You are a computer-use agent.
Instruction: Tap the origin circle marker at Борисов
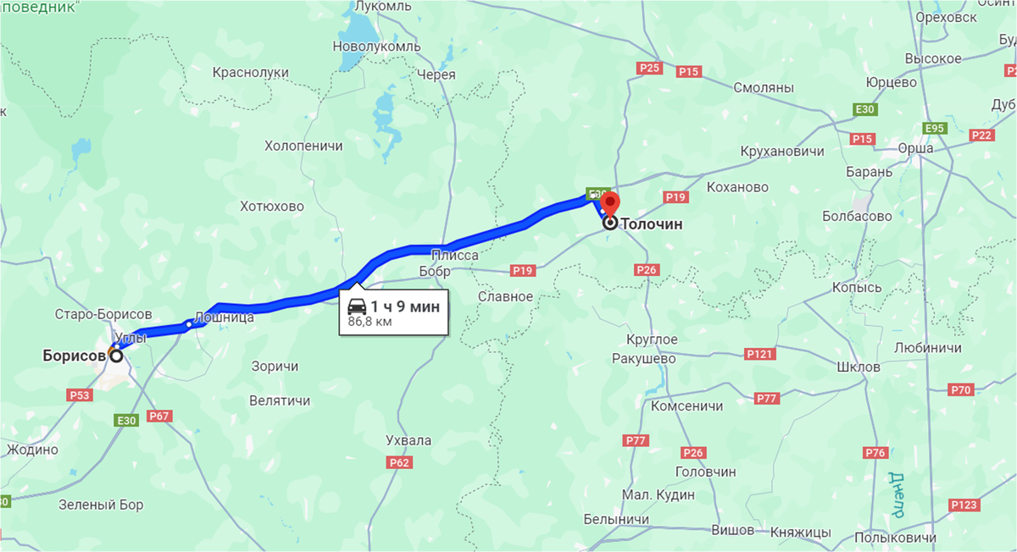click(x=115, y=356)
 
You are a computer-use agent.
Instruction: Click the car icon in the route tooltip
click(x=358, y=306)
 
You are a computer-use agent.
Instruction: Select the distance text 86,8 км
click(x=370, y=323)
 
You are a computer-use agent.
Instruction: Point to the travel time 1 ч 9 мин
click(x=405, y=306)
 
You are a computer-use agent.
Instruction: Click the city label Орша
click(x=915, y=148)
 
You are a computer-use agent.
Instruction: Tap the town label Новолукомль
click(x=376, y=46)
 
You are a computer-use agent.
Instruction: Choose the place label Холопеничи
click(x=303, y=146)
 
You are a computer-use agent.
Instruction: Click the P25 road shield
click(x=650, y=67)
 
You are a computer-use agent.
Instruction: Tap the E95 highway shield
click(x=936, y=128)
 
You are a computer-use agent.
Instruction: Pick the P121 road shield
click(x=759, y=353)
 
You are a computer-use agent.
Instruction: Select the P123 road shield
click(x=964, y=505)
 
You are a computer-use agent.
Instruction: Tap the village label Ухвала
click(x=408, y=440)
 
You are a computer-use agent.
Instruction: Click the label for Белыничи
click(x=617, y=519)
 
